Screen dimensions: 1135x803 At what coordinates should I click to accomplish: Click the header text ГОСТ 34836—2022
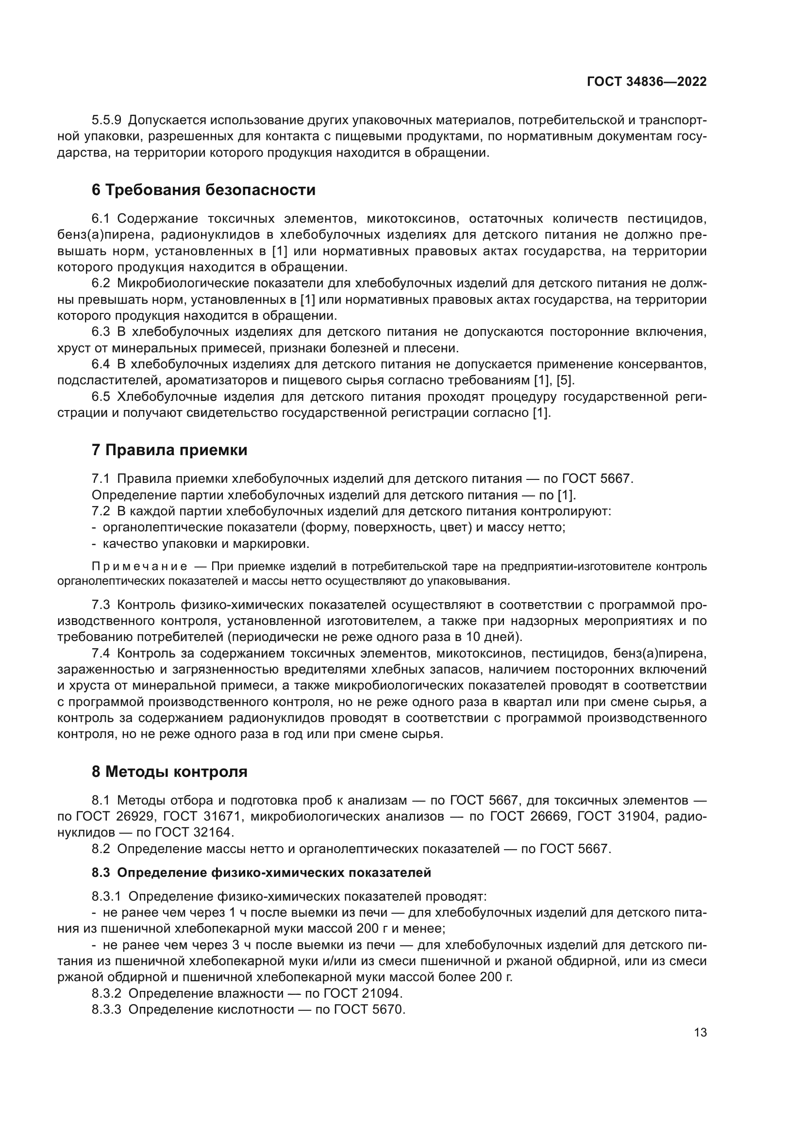pyautogui.click(x=646, y=82)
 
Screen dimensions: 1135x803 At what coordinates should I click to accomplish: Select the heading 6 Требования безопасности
pyautogui.click(x=204, y=190)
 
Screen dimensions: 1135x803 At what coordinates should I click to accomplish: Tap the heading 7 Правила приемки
pyautogui.click(x=169, y=450)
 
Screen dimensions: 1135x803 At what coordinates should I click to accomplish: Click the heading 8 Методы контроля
pyautogui.click(x=169, y=772)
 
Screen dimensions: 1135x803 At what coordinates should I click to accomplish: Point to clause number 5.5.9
pyautogui.click(x=106, y=120)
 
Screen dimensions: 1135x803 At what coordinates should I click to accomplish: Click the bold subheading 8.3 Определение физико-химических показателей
pyautogui.click(x=261, y=872)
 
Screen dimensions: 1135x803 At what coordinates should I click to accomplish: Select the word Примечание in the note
pyautogui.click(x=139, y=566)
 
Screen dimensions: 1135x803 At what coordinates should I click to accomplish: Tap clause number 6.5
pyautogui.click(x=101, y=397)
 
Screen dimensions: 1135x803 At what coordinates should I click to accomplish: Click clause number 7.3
pyautogui.click(x=101, y=605)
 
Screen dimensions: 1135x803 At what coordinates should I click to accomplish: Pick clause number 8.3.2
pyautogui.click(x=106, y=993)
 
